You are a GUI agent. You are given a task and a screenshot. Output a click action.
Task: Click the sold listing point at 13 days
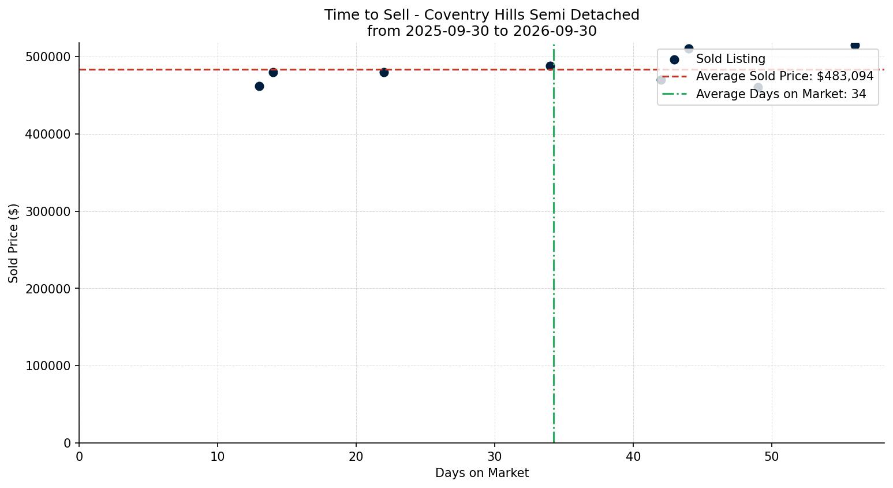pos(259,86)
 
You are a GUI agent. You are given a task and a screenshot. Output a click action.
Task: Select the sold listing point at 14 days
pos(273,72)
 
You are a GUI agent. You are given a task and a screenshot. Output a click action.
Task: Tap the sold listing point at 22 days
pos(384,72)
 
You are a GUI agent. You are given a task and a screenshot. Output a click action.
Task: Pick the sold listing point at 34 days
pos(550,66)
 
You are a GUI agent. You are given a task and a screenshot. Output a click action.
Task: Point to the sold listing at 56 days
pos(855,46)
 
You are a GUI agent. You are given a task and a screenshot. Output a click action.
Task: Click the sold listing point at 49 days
pos(758,87)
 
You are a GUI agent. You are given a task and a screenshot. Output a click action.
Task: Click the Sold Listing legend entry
pos(718,59)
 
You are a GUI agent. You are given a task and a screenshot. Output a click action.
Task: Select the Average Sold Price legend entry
pos(768,76)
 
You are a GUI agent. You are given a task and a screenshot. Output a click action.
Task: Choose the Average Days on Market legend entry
pos(764,94)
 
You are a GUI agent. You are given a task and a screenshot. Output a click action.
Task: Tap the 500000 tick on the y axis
pos(48,57)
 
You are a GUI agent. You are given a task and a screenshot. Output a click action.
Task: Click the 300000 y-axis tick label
pos(48,211)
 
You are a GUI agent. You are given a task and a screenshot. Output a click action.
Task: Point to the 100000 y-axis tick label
pos(48,366)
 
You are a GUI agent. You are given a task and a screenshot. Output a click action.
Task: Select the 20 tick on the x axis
pos(356,457)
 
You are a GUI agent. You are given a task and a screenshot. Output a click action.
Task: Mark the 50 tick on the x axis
pos(772,457)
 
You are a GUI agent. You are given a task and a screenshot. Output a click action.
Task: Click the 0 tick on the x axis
pos(79,457)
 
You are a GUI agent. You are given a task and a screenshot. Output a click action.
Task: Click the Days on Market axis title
pos(481,473)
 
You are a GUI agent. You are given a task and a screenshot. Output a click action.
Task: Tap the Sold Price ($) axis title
pos(13,244)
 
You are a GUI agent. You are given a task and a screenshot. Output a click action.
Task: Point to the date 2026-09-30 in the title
pos(555,31)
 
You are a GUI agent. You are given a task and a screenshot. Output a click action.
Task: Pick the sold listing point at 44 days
pos(689,49)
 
